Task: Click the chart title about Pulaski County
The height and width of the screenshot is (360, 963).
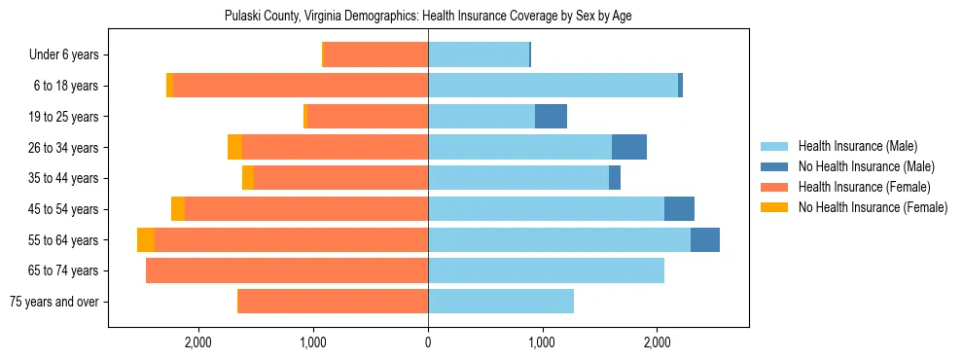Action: tap(428, 17)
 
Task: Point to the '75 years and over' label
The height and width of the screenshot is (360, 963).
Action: tap(53, 302)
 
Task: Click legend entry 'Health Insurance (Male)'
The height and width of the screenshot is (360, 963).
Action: tap(857, 146)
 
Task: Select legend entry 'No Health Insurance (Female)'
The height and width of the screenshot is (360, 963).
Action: tap(873, 207)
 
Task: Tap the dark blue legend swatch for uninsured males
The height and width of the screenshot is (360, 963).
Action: tap(774, 166)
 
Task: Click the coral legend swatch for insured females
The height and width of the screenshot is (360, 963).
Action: tap(774, 187)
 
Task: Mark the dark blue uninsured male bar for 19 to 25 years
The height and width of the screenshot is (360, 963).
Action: tap(551, 117)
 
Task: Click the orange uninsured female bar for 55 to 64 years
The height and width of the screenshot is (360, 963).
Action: tap(146, 240)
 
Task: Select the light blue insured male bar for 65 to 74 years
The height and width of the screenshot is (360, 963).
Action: tap(546, 270)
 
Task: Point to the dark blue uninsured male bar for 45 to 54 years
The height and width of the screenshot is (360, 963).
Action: tap(679, 209)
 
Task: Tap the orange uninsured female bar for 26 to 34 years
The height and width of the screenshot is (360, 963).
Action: tap(234, 148)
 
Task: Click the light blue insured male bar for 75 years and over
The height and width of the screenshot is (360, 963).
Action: tap(501, 302)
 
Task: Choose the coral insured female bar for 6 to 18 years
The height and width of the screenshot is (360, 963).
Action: tap(301, 86)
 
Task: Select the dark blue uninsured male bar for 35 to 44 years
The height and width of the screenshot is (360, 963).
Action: tap(615, 178)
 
